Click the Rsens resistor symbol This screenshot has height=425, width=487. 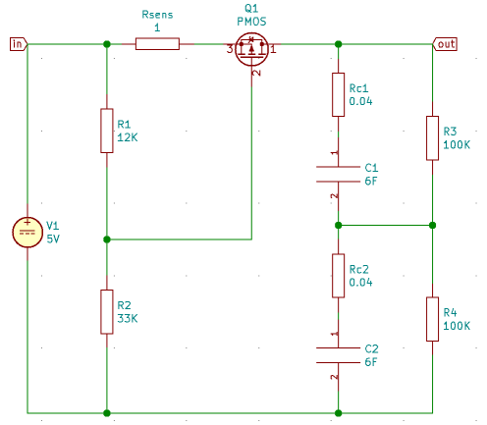(157, 43)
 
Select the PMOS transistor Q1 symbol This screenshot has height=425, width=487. (252, 47)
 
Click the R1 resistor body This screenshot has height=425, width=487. (106, 131)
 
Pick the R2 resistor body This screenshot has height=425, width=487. (106, 311)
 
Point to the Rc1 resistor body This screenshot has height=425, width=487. (338, 94)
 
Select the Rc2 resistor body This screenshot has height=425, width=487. (338, 276)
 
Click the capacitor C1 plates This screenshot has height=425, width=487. (338, 174)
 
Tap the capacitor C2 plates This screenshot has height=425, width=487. (338, 355)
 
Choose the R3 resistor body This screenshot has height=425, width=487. (432, 137)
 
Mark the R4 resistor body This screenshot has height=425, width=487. (432, 319)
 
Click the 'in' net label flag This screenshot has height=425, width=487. (18, 43)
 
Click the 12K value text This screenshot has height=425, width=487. (128, 138)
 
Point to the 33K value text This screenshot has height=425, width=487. (128, 319)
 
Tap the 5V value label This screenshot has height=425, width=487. (53, 239)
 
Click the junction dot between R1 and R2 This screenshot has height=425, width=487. (106, 239)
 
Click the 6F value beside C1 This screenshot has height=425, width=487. (370, 181)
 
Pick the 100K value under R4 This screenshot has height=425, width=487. (457, 326)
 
